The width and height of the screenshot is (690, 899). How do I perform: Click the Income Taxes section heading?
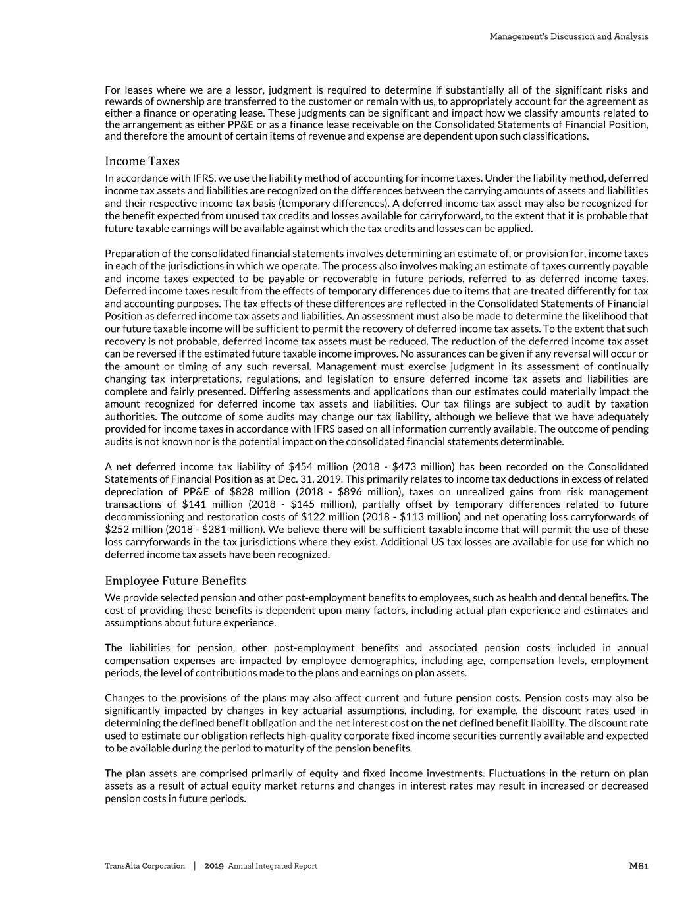pyautogui.click(x=142, y=161)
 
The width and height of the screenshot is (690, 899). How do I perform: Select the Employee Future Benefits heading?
pyautogui.click(x=175, y=581)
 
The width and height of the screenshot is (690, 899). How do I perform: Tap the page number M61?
pyautogui.click(x=639, y=866)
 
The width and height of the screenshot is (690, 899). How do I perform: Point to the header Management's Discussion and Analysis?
pyautogui.click(x=569, y=37)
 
